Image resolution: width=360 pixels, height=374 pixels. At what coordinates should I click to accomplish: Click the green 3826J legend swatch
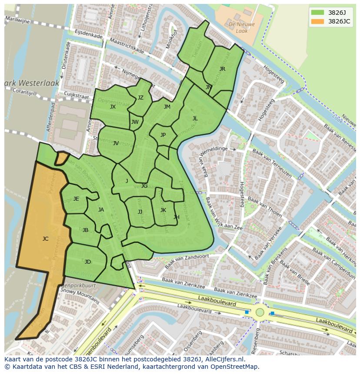(x=317, y=12)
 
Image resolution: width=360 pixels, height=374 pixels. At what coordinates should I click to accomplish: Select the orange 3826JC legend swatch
(x=317, y=21)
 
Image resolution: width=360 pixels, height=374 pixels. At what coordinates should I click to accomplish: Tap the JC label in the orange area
(x=45, y=238)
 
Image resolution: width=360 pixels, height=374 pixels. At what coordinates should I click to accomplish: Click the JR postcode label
(x=222, y=69)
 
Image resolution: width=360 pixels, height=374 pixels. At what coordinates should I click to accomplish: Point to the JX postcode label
(x=113, y=106)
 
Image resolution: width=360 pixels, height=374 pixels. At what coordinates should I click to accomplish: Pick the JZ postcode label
(x=140, y=98)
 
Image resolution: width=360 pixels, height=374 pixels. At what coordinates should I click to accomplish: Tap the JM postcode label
(x=167, y=106)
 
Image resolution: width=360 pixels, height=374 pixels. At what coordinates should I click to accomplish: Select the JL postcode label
(x=195, y=118)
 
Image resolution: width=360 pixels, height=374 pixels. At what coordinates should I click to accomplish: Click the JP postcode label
(x=163, y=135)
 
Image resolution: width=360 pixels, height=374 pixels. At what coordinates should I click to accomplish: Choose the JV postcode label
(x=116, y=143)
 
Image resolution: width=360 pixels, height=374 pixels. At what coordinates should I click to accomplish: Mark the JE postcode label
(x=76, y=199)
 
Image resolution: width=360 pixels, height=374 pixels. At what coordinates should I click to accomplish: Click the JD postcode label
(x=88, y=261)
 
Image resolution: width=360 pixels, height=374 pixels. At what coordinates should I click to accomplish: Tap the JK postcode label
(x=163, y=210)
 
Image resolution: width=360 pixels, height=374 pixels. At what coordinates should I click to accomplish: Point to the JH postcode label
(x=176, y=217)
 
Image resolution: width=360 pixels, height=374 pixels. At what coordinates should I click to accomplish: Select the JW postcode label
(x=135, y=122)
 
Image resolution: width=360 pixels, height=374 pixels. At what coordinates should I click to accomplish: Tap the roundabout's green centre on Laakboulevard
(x=260, y=312)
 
